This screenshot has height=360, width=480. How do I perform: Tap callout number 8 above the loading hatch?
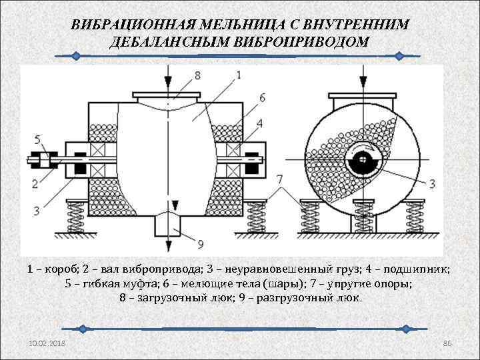click(x=197, y=75)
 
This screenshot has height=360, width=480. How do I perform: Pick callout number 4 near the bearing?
click(x=259, y=122)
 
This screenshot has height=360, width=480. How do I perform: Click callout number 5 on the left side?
click(x=37, y=139)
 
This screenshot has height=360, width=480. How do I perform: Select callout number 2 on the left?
click(x=35, y=183)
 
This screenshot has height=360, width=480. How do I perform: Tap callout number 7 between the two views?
click(x=280, y=179)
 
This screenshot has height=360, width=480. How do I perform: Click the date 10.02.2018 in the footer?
click(x=47, y=343)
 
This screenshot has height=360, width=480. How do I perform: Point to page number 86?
click(x=447, y=343)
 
